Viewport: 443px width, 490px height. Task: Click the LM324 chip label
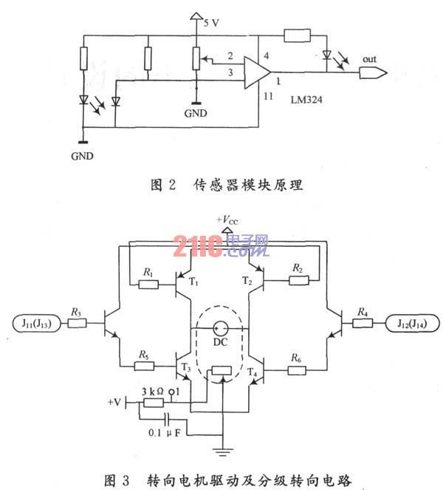click(306, 100)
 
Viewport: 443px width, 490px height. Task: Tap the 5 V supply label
click(211, 23)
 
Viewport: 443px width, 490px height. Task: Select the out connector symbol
click(374, 73)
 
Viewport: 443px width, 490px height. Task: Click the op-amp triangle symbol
click(257, 72)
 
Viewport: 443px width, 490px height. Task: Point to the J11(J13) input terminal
click(36, 323)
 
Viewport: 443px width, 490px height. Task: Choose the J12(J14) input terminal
click(412, 323)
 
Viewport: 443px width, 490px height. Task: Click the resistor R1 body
click(148, 285)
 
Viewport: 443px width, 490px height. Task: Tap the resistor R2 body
click(299, 280)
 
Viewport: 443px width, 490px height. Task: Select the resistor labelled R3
click(77, 323)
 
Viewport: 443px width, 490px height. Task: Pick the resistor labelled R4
click(363, 323)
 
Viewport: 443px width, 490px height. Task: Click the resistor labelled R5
click(144, 366)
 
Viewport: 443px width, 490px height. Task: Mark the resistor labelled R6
click(297, 370)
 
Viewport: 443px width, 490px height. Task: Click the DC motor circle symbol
click(221, 328)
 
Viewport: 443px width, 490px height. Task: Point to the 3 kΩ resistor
click(153, 403)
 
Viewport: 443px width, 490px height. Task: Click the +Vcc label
click(227, 220)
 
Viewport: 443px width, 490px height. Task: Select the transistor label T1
click(193, 282)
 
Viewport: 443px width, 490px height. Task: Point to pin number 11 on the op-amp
click(268, 96)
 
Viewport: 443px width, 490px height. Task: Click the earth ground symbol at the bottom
click(222, 452)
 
